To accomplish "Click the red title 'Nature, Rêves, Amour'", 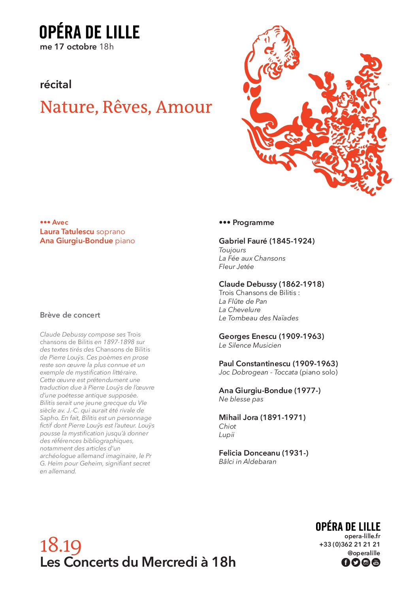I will pyautogui.click(x=126, y=107).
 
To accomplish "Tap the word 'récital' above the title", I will pyautogui.click(x=56, y=84).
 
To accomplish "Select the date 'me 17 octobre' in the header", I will pyautogui.click(x=68, y=47).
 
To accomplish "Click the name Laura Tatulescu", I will pyautogui.click(x=67, y=232).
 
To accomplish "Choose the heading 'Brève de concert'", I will pyautogui.click(x=70, y=315).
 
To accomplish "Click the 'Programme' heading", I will pyautogui.click(x=253, y=223).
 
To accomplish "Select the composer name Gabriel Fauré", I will pyautogui.click(x=243, y=241).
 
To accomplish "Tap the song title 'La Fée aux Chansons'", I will pyautogui.click(x=252, y=258).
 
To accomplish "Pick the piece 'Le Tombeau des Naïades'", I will pyautogui.click(x=258, y=318).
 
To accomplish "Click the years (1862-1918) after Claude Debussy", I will pyautogui.click(x=301, y=284).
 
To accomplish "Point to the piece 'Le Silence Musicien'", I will pyautogui.click(x=250, y=345).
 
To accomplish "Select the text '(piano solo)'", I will pyautogui.click(x=318, y=372).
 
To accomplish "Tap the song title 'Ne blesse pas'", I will pyautogui.click(x=241, y=399).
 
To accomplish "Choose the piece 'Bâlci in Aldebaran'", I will pyautogui.click(x=247, y=461).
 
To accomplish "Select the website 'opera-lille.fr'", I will pyautogui.click(x=362, y=536).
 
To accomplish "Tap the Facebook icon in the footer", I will pyautogui.click(x=345, y=562).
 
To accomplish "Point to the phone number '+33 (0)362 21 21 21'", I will pyautogui.click(x=349, y=545).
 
